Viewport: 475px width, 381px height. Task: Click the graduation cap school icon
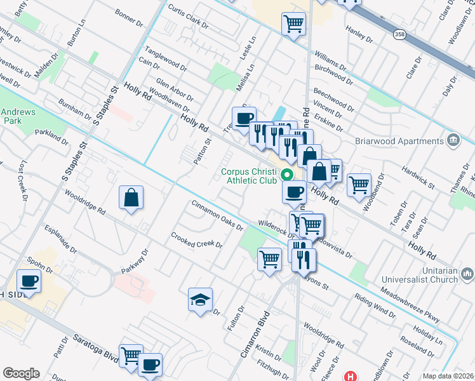(201, 300)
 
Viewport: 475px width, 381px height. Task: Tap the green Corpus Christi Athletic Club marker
(287, 173)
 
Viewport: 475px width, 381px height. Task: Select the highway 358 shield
(399, 34)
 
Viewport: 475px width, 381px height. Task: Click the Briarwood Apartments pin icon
(453, 139)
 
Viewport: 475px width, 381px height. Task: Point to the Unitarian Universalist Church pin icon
(467, 274)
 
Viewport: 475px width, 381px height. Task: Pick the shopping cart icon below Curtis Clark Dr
(293, 24)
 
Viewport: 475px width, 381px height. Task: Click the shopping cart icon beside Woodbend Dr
(359, 185)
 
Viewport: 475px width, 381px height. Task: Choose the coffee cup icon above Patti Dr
(29, 280)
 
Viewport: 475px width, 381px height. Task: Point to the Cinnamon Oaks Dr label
(218, 216)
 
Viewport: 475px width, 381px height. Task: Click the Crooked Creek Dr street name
(197, 240)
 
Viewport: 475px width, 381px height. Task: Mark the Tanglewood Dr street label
(166, 58)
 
